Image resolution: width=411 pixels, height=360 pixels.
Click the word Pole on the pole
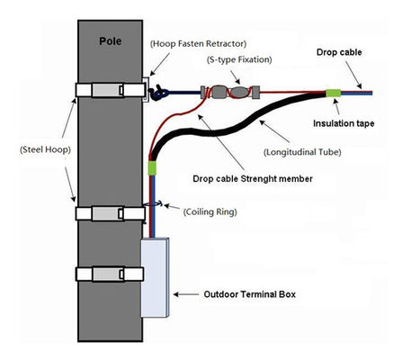pos(111,41)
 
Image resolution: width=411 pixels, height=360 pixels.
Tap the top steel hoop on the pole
pos(109,92)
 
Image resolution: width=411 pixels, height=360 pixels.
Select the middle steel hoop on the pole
pos(109,213)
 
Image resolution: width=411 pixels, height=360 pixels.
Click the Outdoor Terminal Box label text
pos(248,294)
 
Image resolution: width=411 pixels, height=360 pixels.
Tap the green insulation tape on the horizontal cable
pos(334,92)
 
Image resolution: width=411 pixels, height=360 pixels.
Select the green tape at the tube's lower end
pos(153,167)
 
